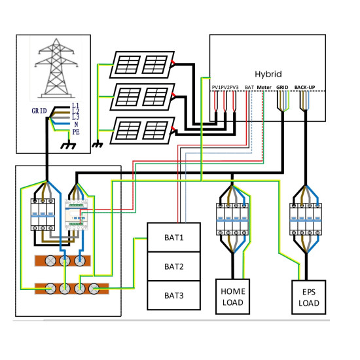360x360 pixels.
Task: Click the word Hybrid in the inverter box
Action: [268, 74]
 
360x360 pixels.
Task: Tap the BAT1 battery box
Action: [174, 238]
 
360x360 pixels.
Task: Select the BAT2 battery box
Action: [174, 266]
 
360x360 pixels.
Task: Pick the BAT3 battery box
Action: [174, 295]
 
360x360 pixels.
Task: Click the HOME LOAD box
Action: [232, 297]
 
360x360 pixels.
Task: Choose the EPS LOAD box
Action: [308, 297]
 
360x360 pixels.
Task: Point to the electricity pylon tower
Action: [56, 68]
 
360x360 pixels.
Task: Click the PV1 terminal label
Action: [216, 88]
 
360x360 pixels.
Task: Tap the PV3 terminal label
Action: [234, 88]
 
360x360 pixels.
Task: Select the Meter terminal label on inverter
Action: [264, 88]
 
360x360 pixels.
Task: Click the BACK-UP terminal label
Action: [304, 88]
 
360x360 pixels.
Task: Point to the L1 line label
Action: [75, 105]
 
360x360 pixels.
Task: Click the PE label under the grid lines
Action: [76, 132]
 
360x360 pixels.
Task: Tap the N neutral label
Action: [76, 124]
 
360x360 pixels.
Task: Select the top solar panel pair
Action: [142, 65]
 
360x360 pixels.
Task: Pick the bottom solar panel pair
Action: [142, 131]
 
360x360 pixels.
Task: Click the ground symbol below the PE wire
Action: [68, 146]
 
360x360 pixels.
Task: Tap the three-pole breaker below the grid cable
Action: [43, 215]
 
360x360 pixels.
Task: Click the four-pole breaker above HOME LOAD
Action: [232, 219]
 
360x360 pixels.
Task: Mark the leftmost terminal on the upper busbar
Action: [50, 261]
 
